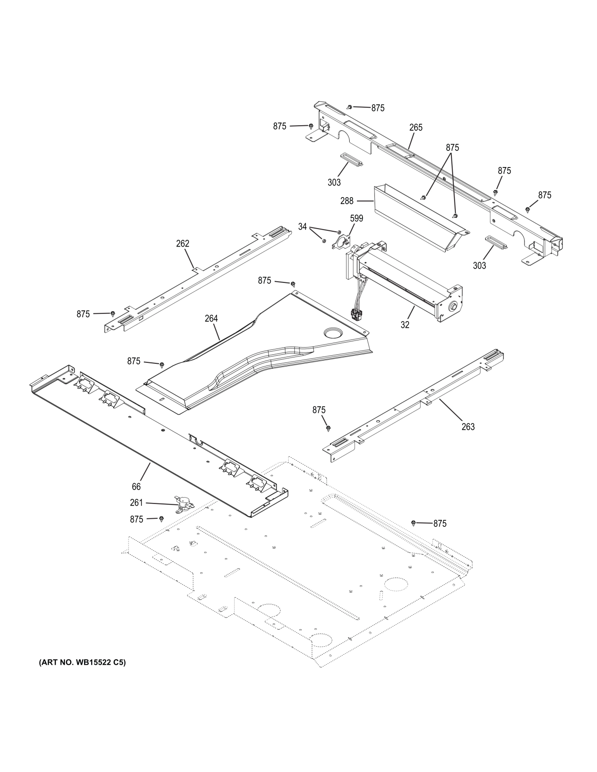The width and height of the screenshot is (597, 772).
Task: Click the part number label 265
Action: click(x=416, y=128)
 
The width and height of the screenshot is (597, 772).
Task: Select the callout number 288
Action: click(x=347, y=201)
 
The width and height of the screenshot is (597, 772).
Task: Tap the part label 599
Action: click(x=356, y=218)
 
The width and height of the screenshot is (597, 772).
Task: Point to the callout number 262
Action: click(x=183, y=243)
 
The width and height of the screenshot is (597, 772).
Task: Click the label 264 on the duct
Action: click(x=211, y=318)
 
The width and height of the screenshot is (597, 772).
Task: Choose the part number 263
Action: click(x=468, y=427)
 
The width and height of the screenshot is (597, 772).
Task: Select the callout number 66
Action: click(x=136, y=487)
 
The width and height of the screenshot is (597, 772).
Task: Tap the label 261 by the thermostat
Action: click(x=136, y=503)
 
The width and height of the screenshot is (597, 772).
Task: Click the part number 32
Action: click(x=405, y=325)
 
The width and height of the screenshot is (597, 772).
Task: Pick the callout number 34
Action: click(x=302, y=227)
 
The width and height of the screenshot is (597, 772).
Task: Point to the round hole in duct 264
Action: click(x=333, y=333)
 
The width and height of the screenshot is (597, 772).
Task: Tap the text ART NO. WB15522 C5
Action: click(x=82, y=662)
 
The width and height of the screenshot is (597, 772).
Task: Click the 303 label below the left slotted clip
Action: click(x=334, y=182)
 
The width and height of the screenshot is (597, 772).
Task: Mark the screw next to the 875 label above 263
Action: click(x=328, y=427)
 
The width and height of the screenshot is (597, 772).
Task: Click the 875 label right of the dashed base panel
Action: click(x=440, y=523)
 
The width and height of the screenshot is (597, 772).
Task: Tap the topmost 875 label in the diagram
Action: click(x=378, y=108)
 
